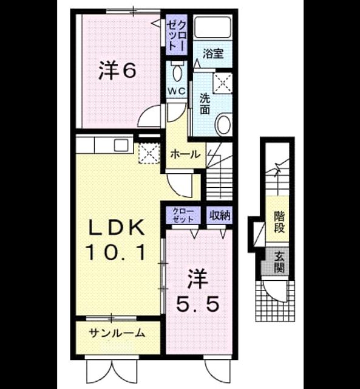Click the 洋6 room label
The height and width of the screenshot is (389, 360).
click(117, 71)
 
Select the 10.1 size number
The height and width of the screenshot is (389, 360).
click(115, 252)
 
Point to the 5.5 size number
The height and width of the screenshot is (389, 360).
click(197, 304)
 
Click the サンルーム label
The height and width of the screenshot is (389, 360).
click(117, 333)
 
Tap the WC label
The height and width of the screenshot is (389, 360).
click(177, 91)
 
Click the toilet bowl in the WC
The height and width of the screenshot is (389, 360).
click(177, 72)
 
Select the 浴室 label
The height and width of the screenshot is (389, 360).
click(213, 53)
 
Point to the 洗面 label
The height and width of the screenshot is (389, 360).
click(205, 103)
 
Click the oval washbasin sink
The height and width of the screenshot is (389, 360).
click(224, 125)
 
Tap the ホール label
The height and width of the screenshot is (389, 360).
click(185, 154)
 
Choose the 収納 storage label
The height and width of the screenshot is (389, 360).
click(220, 215)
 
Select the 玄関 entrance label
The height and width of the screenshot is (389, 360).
click(279, 262)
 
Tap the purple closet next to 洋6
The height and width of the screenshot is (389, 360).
click(177, 34)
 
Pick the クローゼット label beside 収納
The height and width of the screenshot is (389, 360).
click(183, 215)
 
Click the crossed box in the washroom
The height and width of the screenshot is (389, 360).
click(222, 83)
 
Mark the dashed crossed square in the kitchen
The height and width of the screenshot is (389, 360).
click(148, 153)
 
